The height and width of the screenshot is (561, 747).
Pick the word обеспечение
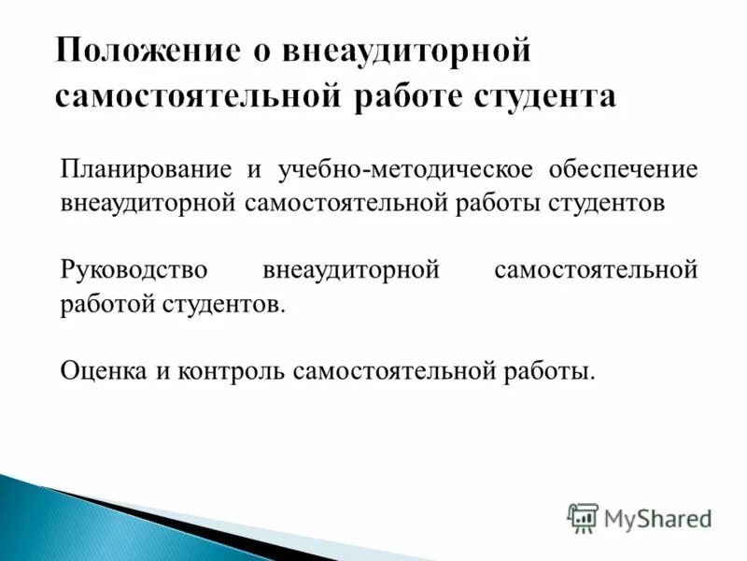coord(611,170)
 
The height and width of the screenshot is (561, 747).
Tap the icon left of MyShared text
coord(582,517)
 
